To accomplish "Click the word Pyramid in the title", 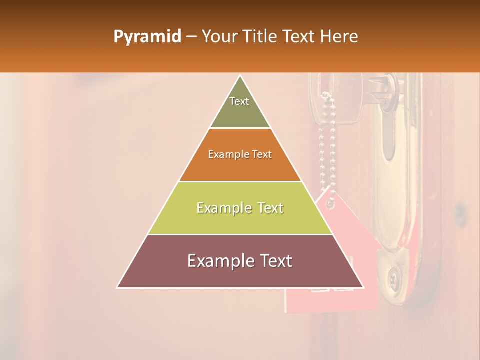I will (147, 37).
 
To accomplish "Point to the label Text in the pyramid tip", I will (239, 101).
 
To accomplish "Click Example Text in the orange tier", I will (240, 154).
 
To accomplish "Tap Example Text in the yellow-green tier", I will (240, 208).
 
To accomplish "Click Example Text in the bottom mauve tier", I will (240, 261).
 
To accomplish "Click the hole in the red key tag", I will (328, 204).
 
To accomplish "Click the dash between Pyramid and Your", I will (191, 37).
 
